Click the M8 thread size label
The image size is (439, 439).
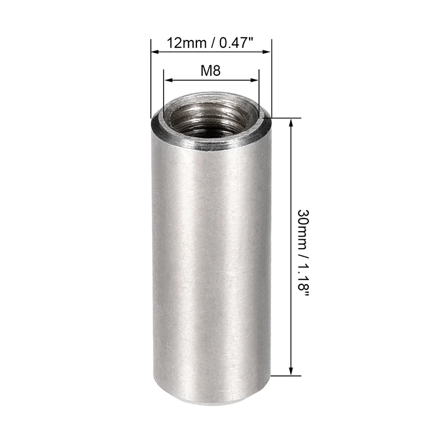pos(211,70)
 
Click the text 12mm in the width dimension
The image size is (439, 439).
pos(183,42)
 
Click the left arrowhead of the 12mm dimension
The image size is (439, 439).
pos(154,52)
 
